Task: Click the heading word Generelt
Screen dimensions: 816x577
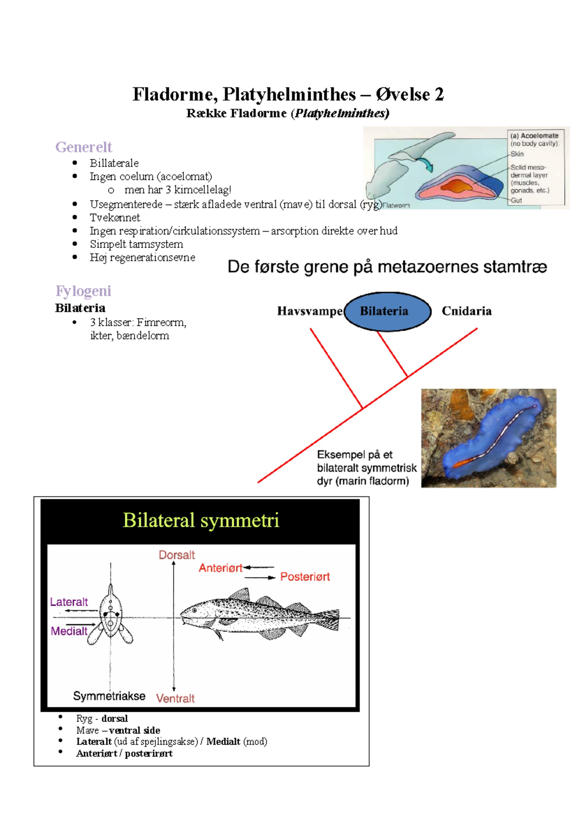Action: (83, 147)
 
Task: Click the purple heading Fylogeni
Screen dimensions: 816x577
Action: (83, 291)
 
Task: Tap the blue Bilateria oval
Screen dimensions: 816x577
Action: (387, 311)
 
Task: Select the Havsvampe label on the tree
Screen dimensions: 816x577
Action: (310, 311)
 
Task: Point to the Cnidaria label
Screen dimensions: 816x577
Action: (466, 311)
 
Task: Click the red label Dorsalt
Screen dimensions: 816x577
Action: (176, 555)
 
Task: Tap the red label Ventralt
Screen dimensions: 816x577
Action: (176, 698)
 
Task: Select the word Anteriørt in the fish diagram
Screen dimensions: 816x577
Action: (221, 568)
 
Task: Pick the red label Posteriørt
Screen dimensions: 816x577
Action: (305, 577)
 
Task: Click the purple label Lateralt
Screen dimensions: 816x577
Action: (69, 602)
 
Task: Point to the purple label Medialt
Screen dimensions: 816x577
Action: (69, 631)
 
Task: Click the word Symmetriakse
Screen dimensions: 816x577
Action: (109, 696)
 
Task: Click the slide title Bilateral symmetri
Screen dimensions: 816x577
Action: (201, 520)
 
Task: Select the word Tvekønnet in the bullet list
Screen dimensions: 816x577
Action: (115, 218)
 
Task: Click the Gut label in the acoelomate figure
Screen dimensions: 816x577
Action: (516, 200)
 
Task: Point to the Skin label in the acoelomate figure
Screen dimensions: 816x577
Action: (517, 154)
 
